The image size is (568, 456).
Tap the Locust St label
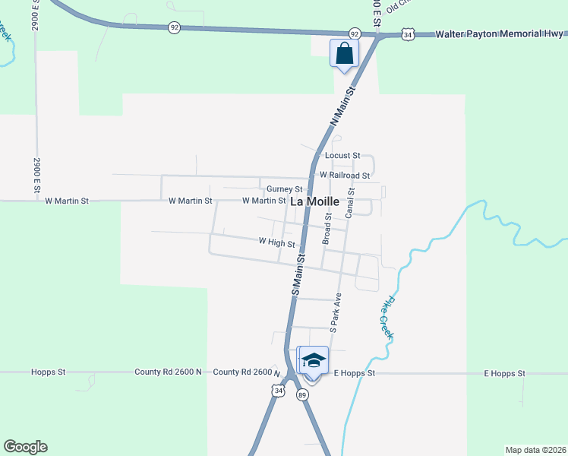(342, 156)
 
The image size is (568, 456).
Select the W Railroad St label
(345, 175)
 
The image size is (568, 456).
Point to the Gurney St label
(285, 189)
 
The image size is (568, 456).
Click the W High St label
(276, 242)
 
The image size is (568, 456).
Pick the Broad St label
(328, 228)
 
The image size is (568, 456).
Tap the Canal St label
(350, 204)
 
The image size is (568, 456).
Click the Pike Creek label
(387, 317)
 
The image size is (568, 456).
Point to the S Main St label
(298, 275)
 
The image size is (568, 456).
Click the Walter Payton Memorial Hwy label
(499, 33)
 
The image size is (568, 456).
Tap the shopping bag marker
(344, 53)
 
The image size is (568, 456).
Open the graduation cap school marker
(314, 360)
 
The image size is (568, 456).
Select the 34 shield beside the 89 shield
(279, 390)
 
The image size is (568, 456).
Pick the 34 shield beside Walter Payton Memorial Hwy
(409, 34)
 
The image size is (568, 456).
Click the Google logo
(25, 447)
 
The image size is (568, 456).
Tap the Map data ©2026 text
(535, 450)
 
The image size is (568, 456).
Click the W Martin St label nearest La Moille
(263, 201)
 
